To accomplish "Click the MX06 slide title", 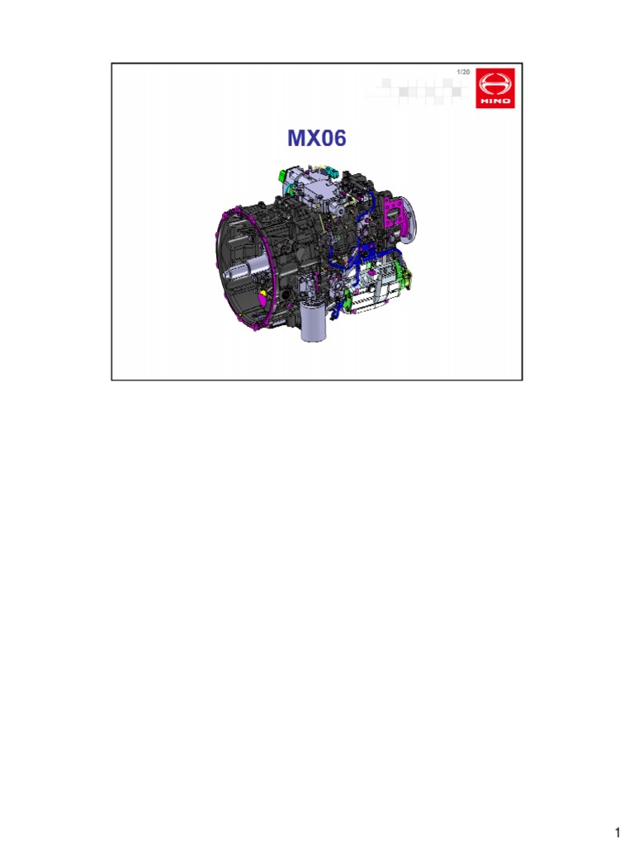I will (317, 139).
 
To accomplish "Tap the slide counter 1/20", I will (463, 73).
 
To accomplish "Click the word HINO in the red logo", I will (494, 101).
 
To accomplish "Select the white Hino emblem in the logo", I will (494, 85).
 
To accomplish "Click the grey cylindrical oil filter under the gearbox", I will (315, 323).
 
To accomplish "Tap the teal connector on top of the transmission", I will (333, 170).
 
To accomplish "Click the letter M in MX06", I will (295, 139).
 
